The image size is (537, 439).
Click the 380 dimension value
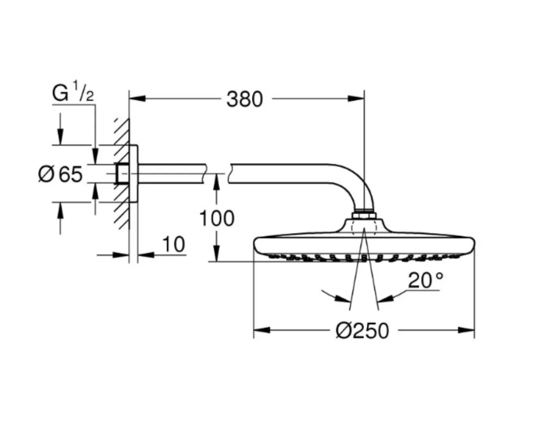click(244, 99)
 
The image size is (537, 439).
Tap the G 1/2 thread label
click(73, 91)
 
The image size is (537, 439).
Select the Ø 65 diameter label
click(60, 174)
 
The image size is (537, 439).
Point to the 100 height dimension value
click(217, 218)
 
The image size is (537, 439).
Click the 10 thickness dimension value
click(173, 244)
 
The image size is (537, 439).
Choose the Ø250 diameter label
click(362, 331)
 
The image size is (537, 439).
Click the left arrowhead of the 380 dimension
click(138, 98)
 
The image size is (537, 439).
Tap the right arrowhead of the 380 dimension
click(356, 98)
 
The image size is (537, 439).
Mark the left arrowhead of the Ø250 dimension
click(262, 330)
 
